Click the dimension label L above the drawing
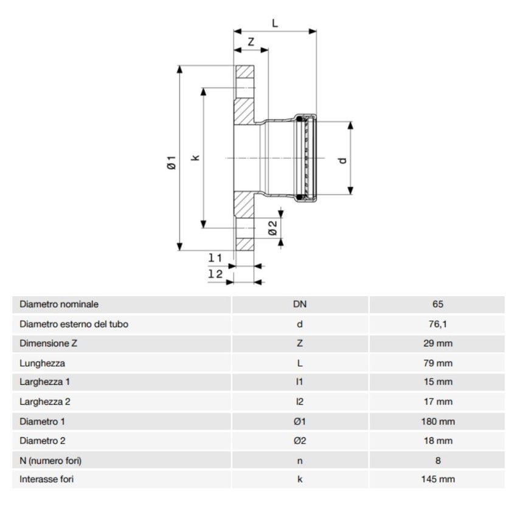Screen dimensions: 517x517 point(275,23)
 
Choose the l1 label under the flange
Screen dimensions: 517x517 point(215,258)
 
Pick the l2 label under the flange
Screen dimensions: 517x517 point(215,274)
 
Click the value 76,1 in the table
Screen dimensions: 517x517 point(436,324)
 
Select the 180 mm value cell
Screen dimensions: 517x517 point(436,422)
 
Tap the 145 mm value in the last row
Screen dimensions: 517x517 point(436,480)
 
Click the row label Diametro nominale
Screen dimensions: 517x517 point(59,304)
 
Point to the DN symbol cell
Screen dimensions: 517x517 point(299,304)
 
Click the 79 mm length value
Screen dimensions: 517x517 point(436,363)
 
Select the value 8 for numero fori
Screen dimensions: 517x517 point(436,460)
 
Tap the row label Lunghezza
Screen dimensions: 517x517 point(42,363)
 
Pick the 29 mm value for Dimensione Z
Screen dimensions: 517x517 point(436,344)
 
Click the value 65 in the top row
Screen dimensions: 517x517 point(436,304)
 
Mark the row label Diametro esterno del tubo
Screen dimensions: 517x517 point(74,324)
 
